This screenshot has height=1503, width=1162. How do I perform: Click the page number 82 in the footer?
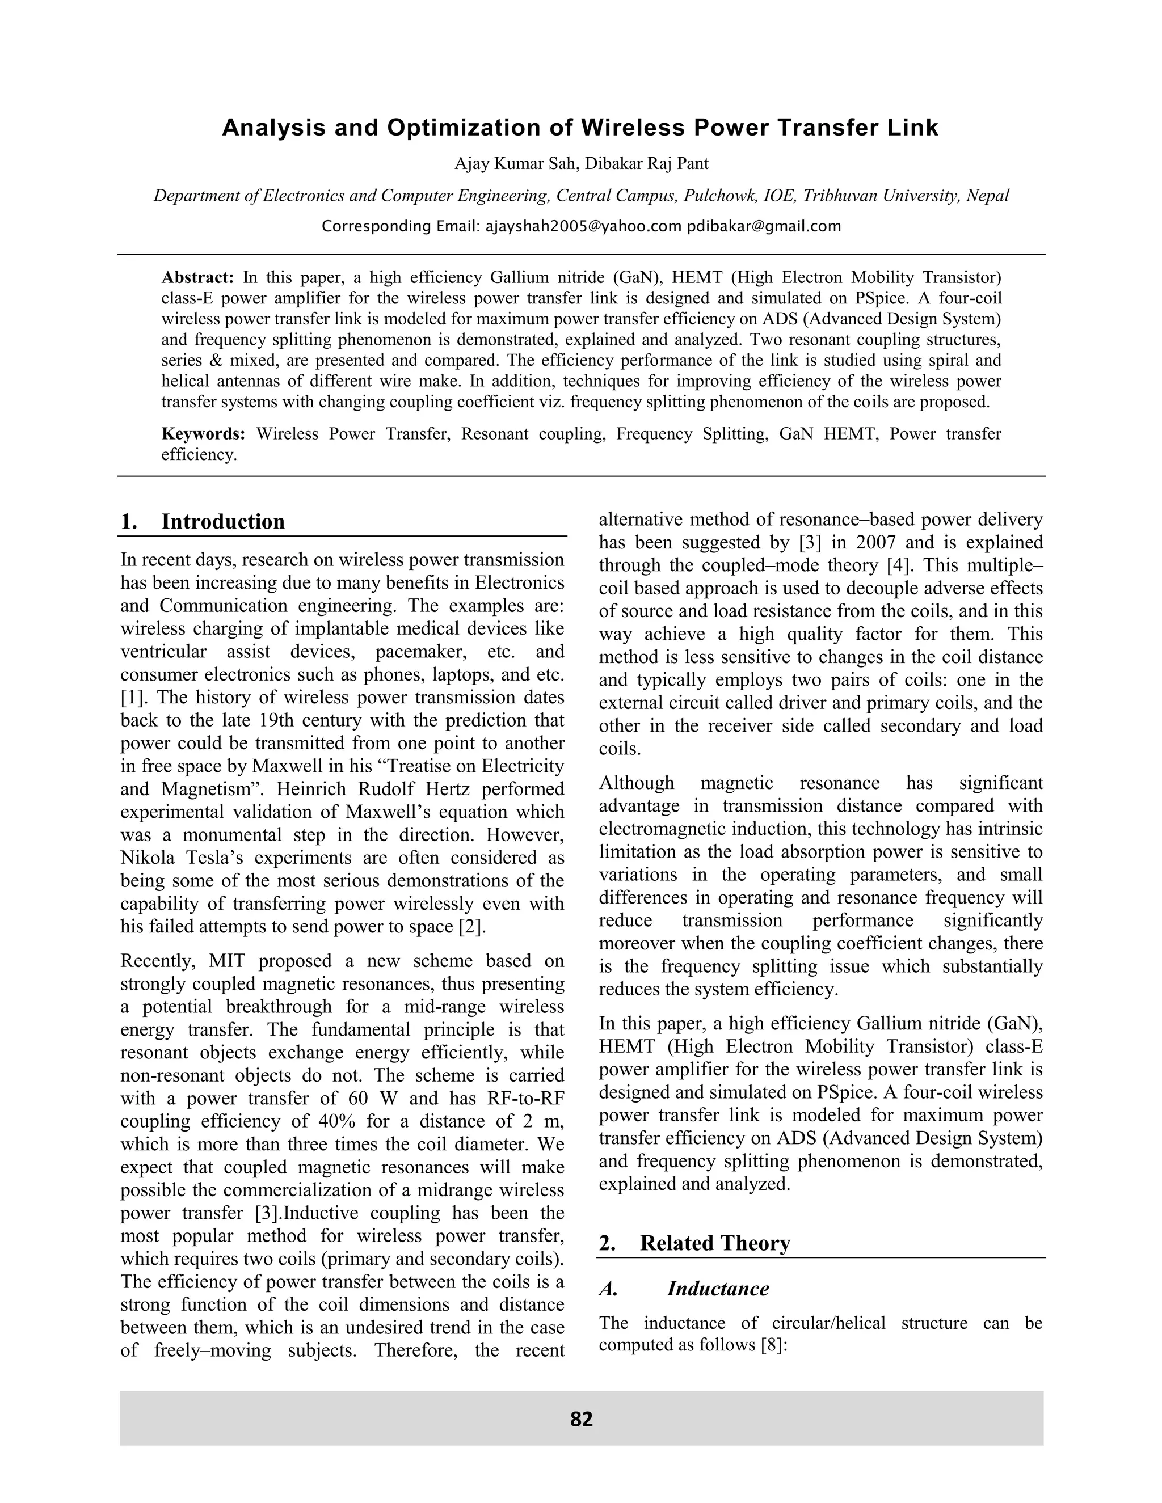(581, 1419)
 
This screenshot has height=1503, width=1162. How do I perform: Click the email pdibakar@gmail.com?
(764, 226)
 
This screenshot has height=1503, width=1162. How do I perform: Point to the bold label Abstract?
(197, 278)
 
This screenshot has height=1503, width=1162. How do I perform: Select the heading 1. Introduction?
(203, 522)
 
